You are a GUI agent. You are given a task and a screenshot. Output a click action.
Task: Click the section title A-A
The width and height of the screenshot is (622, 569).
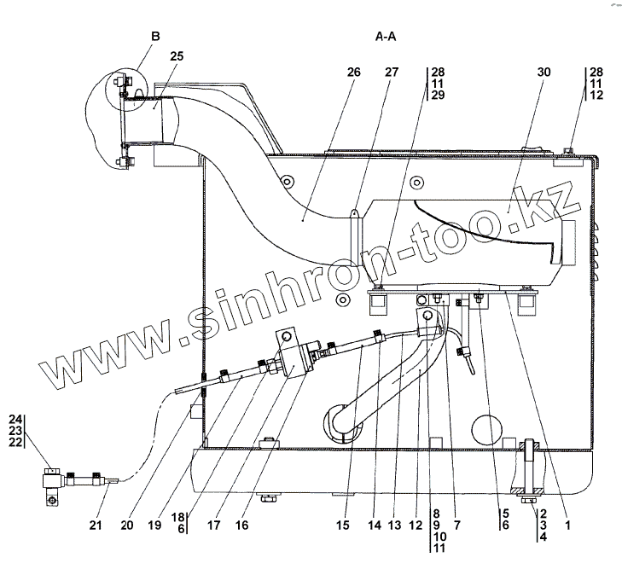pyautogui.click(x=386, y=37)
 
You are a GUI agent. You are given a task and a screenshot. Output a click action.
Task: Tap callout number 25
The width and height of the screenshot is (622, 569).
pyautogui.click(x=177, y=56)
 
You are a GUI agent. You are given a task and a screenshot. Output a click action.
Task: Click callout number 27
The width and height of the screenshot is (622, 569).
pyautogui.click(x=392, y=73)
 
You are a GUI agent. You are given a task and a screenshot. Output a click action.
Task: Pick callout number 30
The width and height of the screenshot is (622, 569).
pyautogui.click(x=544, y=73)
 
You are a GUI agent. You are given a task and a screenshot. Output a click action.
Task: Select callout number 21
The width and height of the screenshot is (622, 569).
pyautogui.click(x=96, y=525)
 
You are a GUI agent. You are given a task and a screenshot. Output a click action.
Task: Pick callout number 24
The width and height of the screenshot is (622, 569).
pyautogui.click(x=15, y=419)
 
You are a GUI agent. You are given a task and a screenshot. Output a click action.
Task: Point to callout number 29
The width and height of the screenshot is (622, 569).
pyautogui.click(x=437, y=96)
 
